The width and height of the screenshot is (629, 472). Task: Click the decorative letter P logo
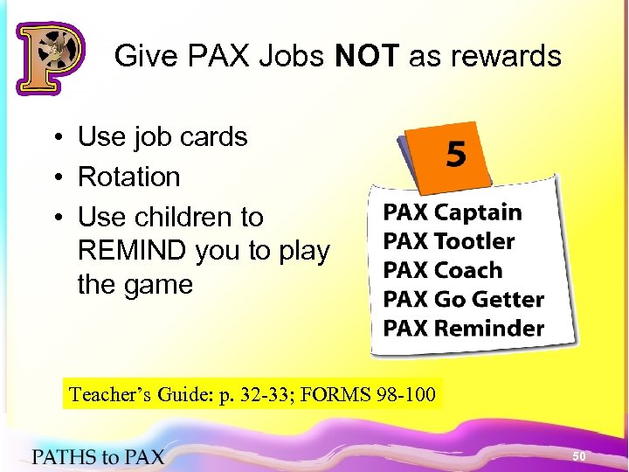click(x=50, y=58)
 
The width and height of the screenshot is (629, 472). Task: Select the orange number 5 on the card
click(x=456, y=156)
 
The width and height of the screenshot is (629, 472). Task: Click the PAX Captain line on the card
click(x=452, y=212)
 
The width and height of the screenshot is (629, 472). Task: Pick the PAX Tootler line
click(x=449, y=241)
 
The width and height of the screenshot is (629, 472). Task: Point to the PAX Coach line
click(x=443, y=270)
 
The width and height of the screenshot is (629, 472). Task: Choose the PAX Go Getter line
click(x=463, y=300)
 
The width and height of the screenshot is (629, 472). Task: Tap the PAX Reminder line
click(x=463, y=329)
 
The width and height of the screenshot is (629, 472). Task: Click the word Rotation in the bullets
click(x=129, y=177)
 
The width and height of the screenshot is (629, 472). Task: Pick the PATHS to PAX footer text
click(x=98, y=455)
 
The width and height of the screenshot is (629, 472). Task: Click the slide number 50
click(x=578, y=456)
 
